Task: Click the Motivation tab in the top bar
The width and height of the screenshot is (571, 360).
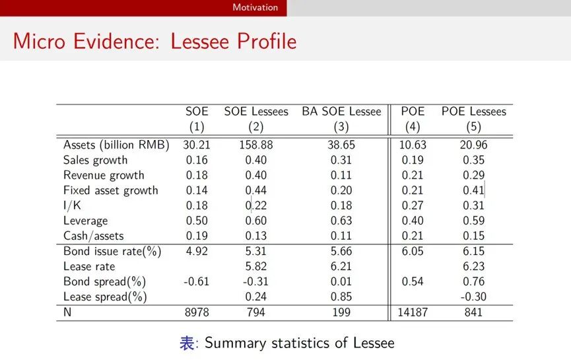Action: click(255, 8)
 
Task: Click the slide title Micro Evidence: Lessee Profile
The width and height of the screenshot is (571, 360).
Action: click(154, 41)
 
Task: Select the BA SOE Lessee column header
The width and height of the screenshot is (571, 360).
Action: click(341, 112)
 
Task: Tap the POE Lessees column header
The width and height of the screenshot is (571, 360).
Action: click(473, 112)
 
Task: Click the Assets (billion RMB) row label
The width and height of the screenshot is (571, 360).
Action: click(116, 145)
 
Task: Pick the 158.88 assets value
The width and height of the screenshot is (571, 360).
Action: click(255, 145)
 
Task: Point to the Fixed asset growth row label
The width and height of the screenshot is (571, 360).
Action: click(110, 190)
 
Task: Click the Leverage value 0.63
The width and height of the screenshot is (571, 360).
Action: click(341, 221)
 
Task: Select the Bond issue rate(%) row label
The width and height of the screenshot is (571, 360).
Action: click(112, 252)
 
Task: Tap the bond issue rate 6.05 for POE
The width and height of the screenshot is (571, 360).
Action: click(413, 252)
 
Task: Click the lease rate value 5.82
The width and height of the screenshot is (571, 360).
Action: click(255, 267)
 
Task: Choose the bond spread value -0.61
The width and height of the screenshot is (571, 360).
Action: click(196, 282)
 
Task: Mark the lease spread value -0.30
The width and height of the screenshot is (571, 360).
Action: click(473, 297)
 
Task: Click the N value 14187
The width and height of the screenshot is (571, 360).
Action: click(413, 312)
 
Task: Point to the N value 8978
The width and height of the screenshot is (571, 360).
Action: click(196, 312)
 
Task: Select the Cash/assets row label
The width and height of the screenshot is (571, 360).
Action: click(93, 236)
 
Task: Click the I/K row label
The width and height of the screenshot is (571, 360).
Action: click(73, 205)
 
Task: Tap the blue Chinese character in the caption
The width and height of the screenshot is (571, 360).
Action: click(187, 343)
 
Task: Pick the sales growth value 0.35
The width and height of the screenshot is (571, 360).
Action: click(473, 160)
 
